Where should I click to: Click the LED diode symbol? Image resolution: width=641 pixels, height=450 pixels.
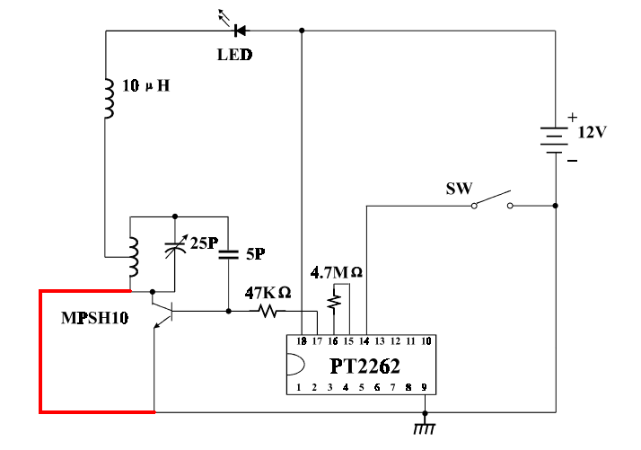240,31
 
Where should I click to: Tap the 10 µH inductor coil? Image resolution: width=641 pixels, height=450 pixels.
109,98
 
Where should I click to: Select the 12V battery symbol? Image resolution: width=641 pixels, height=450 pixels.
554,140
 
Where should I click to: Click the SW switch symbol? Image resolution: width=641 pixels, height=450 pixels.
492,200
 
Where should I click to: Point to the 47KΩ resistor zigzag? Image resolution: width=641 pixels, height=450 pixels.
268,312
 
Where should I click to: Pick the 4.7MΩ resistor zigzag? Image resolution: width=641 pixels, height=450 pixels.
334,301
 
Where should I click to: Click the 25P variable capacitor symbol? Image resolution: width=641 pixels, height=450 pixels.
175,247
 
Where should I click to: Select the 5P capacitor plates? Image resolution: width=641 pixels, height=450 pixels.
228,254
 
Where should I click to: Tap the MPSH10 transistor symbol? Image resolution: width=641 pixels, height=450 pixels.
162,311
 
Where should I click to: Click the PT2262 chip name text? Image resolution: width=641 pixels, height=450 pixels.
364,366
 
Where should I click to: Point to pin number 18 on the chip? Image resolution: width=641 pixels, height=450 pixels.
302,341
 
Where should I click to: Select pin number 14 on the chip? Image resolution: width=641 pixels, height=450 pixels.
364,341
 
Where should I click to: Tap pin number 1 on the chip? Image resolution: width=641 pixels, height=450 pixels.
298,387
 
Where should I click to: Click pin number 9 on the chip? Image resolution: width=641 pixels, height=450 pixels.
425,387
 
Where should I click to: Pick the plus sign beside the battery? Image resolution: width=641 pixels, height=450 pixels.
573,118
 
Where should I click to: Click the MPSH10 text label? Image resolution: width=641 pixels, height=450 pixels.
95,318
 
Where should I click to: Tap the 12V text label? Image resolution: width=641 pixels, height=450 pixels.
593,132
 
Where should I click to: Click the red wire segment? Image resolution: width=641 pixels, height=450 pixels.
41,352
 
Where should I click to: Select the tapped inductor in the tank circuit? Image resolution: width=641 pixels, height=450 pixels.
133,257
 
